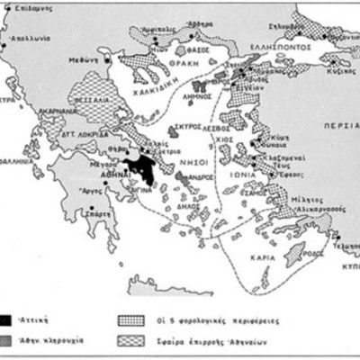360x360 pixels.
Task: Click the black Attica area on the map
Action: tap(139, 165)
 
